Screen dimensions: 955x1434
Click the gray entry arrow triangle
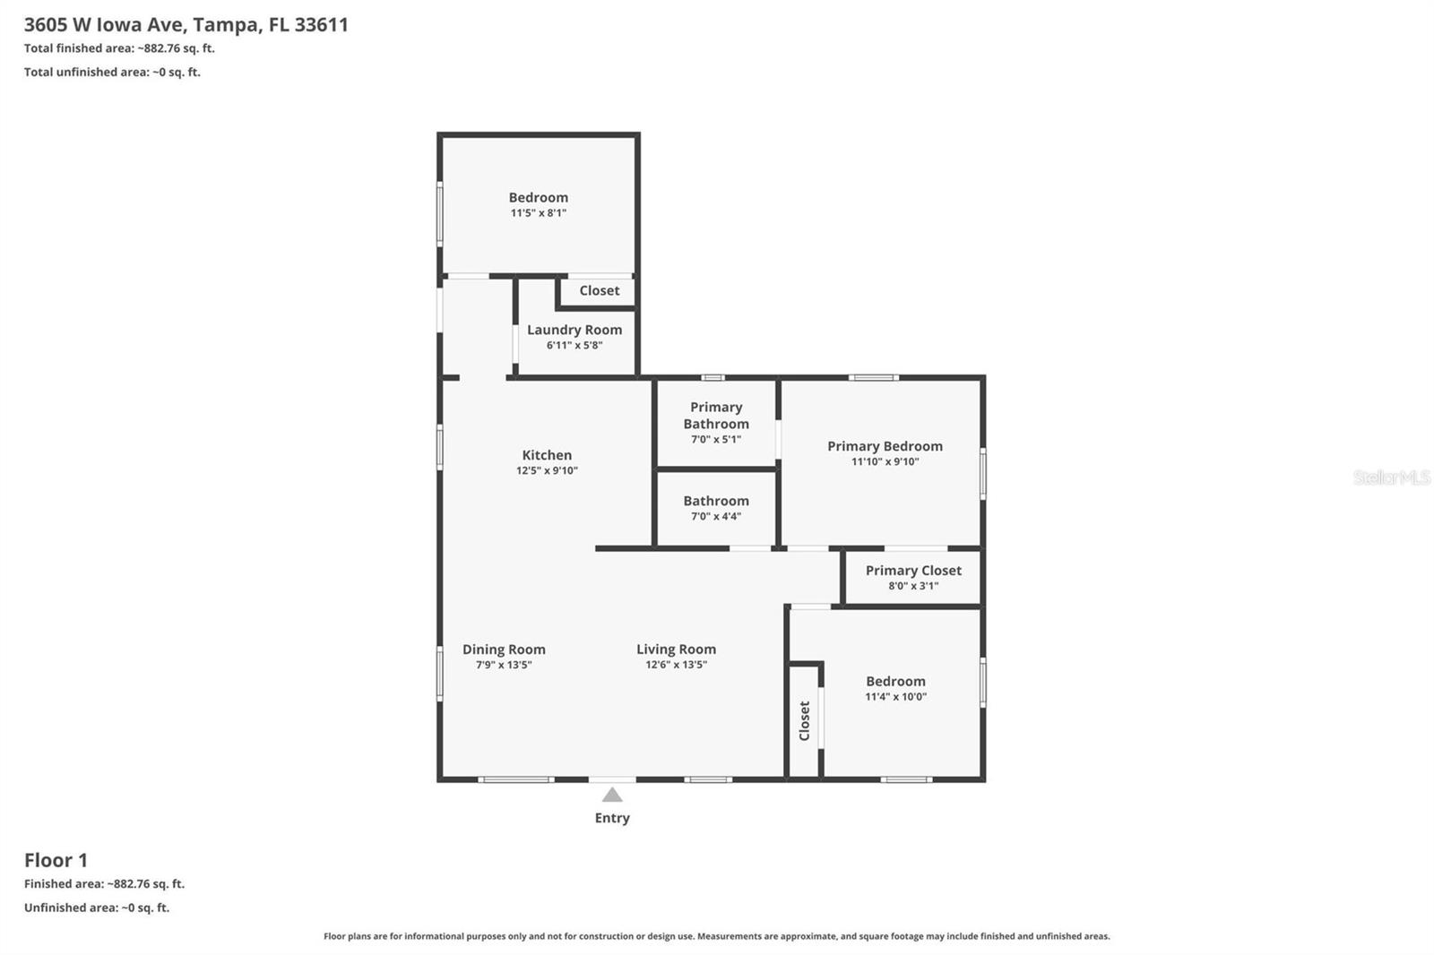(x=612, y=795)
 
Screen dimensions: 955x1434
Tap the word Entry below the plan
(x=612, y=818)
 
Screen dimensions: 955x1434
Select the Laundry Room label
(x=574, y=330)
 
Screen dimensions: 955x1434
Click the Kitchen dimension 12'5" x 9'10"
(x=547, y=470)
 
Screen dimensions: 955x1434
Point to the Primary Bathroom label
(x=716, y=415)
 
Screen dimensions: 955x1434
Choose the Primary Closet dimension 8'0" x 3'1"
(x=913, y=586)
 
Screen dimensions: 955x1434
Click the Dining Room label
(x=504, y=650)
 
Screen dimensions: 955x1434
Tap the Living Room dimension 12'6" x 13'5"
(x=676, y=665)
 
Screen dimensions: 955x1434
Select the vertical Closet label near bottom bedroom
(x=804, y=720)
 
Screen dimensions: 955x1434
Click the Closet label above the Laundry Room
(x=599, y=290)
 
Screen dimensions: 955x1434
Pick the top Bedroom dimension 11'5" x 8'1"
(x=538, y=213)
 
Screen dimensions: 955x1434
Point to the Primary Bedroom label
(x=885, y=446)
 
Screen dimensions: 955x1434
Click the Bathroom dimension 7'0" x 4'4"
(x=716, y=516)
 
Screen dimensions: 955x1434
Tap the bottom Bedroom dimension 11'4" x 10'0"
(x=895, y=697)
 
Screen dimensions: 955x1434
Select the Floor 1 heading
(x=56, y=860)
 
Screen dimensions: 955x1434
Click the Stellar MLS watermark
(x=1391, y=477)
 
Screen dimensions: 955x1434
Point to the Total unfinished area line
(x=112, y=73)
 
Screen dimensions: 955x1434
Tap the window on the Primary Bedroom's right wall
(x=983, y=475)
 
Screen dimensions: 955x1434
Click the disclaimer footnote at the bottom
(x=716, y=936)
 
